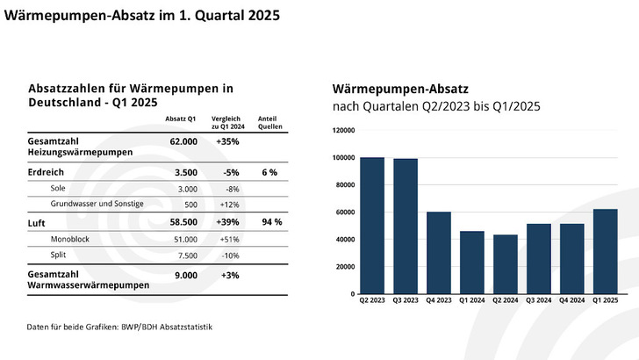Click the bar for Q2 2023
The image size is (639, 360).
point(372,226)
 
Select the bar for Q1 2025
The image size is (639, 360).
point(606,251)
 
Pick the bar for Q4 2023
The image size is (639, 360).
point(439,253)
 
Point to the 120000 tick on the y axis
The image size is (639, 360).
point(343,130)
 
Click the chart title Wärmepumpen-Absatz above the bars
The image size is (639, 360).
point(400,89)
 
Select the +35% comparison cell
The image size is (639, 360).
point(228,140)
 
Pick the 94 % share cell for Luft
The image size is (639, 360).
point(271,222)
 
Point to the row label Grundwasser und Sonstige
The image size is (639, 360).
point(97,204)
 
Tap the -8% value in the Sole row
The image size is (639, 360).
point(232,188)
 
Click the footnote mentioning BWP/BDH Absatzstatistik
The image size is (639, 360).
point(119,327)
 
